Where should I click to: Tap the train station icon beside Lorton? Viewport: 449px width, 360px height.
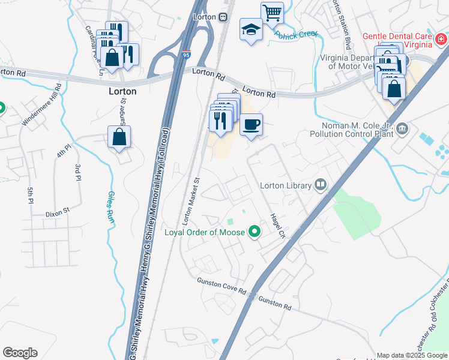pyautogui.click(x=223, y=17)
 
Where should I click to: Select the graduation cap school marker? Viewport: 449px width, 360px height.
pyautogui.click(x=250, y=29)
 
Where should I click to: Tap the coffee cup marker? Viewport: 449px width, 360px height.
pyautogui.click(x=251, y=125)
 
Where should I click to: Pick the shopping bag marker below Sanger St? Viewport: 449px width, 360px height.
pyautogui.click(x=119, y=137)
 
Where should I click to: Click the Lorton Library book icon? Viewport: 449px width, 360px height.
pyautogui.click(x=321, y=185)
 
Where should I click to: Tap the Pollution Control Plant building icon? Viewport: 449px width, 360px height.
pyautogui.click(x=402, y=128)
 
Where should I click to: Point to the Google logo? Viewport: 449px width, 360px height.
pyautogui.click(x=20, y=353)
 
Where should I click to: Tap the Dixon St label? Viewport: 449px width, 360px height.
pyautogui.click(x=58, y=213)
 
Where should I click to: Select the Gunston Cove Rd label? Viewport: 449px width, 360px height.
pyautogui.click(x=221, y=286)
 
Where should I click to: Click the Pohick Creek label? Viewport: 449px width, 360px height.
pyautogui.click(x=296, y=34)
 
